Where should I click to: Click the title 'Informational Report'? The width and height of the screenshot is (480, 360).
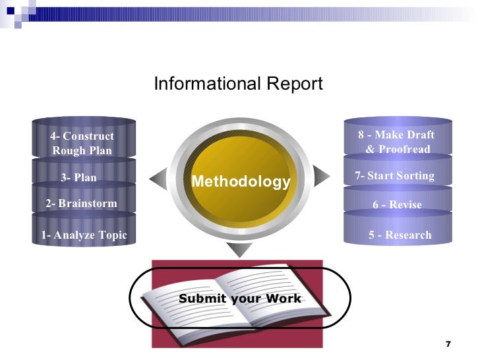238,84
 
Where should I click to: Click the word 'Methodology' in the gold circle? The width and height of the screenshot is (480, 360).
240,181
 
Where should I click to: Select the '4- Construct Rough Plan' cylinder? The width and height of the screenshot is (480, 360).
82,143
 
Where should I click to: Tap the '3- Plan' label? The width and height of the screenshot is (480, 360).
78,177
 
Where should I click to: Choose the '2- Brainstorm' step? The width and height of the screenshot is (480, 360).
81,203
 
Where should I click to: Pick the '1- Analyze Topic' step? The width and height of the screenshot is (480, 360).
83,235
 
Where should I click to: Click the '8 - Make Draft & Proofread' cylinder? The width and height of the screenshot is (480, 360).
397,142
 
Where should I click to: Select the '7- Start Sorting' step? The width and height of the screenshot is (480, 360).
394,176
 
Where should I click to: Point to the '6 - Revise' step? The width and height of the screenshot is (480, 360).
397,205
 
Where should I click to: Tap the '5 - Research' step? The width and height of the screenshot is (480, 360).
400,235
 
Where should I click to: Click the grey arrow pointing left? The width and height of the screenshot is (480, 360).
158,176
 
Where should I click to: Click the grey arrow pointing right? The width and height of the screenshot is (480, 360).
321,175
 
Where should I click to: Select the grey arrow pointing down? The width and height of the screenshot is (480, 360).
239,249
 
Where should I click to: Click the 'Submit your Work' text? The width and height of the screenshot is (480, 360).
239,299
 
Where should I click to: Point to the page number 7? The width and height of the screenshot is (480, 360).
448,344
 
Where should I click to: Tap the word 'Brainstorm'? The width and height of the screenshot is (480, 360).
88,203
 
